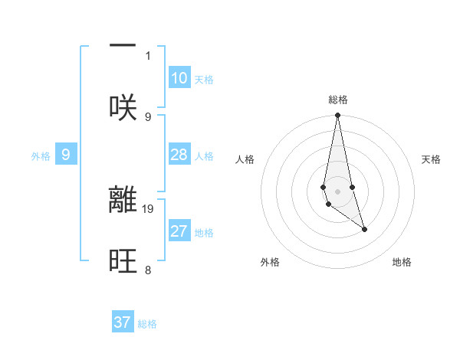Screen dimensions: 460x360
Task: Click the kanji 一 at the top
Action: (x=123, y=46)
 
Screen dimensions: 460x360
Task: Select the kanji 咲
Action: (x=123, y=107)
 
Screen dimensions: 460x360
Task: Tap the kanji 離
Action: (x=123, y=200)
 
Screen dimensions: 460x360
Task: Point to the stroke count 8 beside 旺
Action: (x=148, y=270)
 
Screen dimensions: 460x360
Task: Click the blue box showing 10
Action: (x=179, y=78)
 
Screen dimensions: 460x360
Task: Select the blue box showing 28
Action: (x=179, y=155)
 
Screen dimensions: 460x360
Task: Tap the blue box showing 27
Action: (x=179, y=232)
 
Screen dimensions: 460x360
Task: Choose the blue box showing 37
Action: (x=123, y=322)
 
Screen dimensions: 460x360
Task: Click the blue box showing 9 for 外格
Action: (x=66, y=155)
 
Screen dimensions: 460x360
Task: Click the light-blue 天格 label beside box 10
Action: (x=204, y=80)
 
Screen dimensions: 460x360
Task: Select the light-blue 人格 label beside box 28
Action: (x=204, y=156)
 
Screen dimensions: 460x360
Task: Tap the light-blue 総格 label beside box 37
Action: (x=147, y=324)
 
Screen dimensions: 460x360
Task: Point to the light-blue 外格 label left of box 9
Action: (x=41, y=156)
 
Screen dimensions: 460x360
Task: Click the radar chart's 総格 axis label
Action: (x=338, y=100)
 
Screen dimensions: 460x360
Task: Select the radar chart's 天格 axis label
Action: (x=431, y=159)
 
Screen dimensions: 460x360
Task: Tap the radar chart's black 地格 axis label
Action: (x=402, y=262)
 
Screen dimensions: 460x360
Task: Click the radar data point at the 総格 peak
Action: (x=337, y=116)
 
